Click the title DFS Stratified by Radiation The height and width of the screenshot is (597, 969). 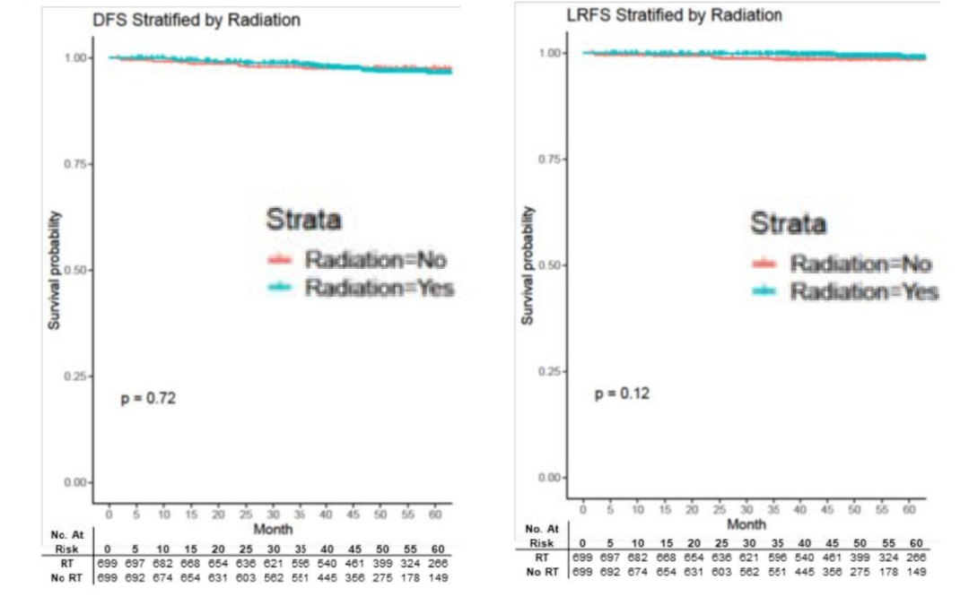pos(196,20)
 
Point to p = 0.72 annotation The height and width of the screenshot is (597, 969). pos(148,399)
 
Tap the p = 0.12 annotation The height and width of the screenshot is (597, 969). pos(621,394)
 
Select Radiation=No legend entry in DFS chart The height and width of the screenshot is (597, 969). pos(375,261)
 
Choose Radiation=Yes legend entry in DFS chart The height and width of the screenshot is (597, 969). pos(379,287)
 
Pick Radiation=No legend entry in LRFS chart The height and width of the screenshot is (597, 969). pos(860,264)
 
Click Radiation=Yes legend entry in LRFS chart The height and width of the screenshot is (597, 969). pos(863,291)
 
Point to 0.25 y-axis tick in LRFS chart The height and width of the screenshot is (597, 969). pos(550,371)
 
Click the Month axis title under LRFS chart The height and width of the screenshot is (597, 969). pos(746,523)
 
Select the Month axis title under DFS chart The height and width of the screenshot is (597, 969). pos(273,530)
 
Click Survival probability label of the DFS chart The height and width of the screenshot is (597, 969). pos(55,270)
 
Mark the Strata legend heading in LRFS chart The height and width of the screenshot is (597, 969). pos(788,222)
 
